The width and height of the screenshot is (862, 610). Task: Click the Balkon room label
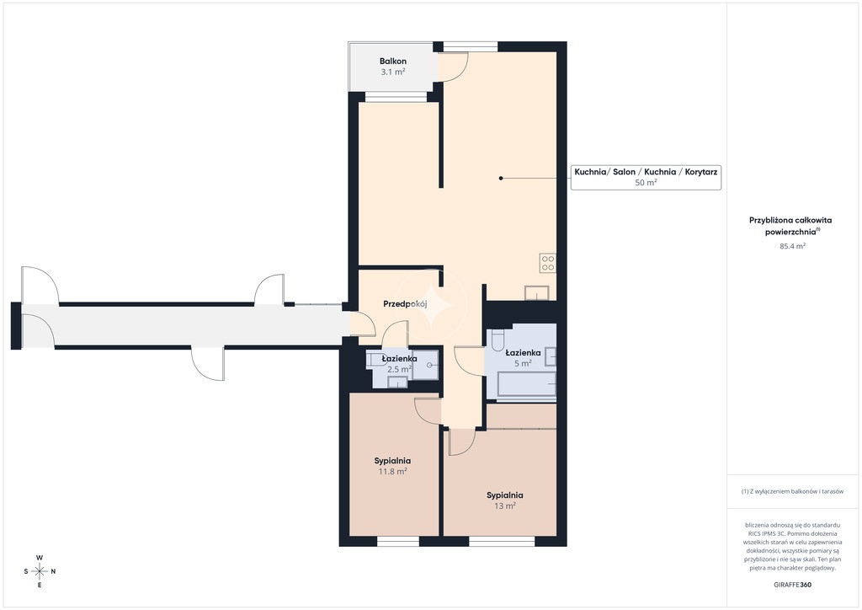393,61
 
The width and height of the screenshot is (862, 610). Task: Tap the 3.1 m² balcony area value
393,72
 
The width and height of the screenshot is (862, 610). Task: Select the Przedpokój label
405,303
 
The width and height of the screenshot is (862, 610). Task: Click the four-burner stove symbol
547,263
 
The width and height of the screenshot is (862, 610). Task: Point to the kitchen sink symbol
536,292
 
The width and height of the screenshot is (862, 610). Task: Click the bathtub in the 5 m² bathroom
527,384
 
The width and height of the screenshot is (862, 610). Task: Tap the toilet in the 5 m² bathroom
498,340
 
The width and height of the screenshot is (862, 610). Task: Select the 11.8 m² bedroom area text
392,471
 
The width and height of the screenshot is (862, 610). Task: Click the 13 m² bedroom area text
505,506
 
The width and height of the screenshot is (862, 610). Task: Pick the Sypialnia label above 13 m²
505,495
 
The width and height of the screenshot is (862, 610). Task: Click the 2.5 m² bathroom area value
400,369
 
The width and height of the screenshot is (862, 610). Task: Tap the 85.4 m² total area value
793,246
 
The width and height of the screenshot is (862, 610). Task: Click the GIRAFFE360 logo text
792,585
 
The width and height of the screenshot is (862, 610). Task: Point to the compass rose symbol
40,571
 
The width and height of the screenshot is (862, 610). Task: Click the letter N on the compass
53,571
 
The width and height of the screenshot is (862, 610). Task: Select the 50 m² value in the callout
646,183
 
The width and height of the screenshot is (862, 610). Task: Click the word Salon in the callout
624,172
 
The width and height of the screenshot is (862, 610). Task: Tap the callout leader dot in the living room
501,179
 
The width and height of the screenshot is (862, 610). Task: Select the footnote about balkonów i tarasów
792,491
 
